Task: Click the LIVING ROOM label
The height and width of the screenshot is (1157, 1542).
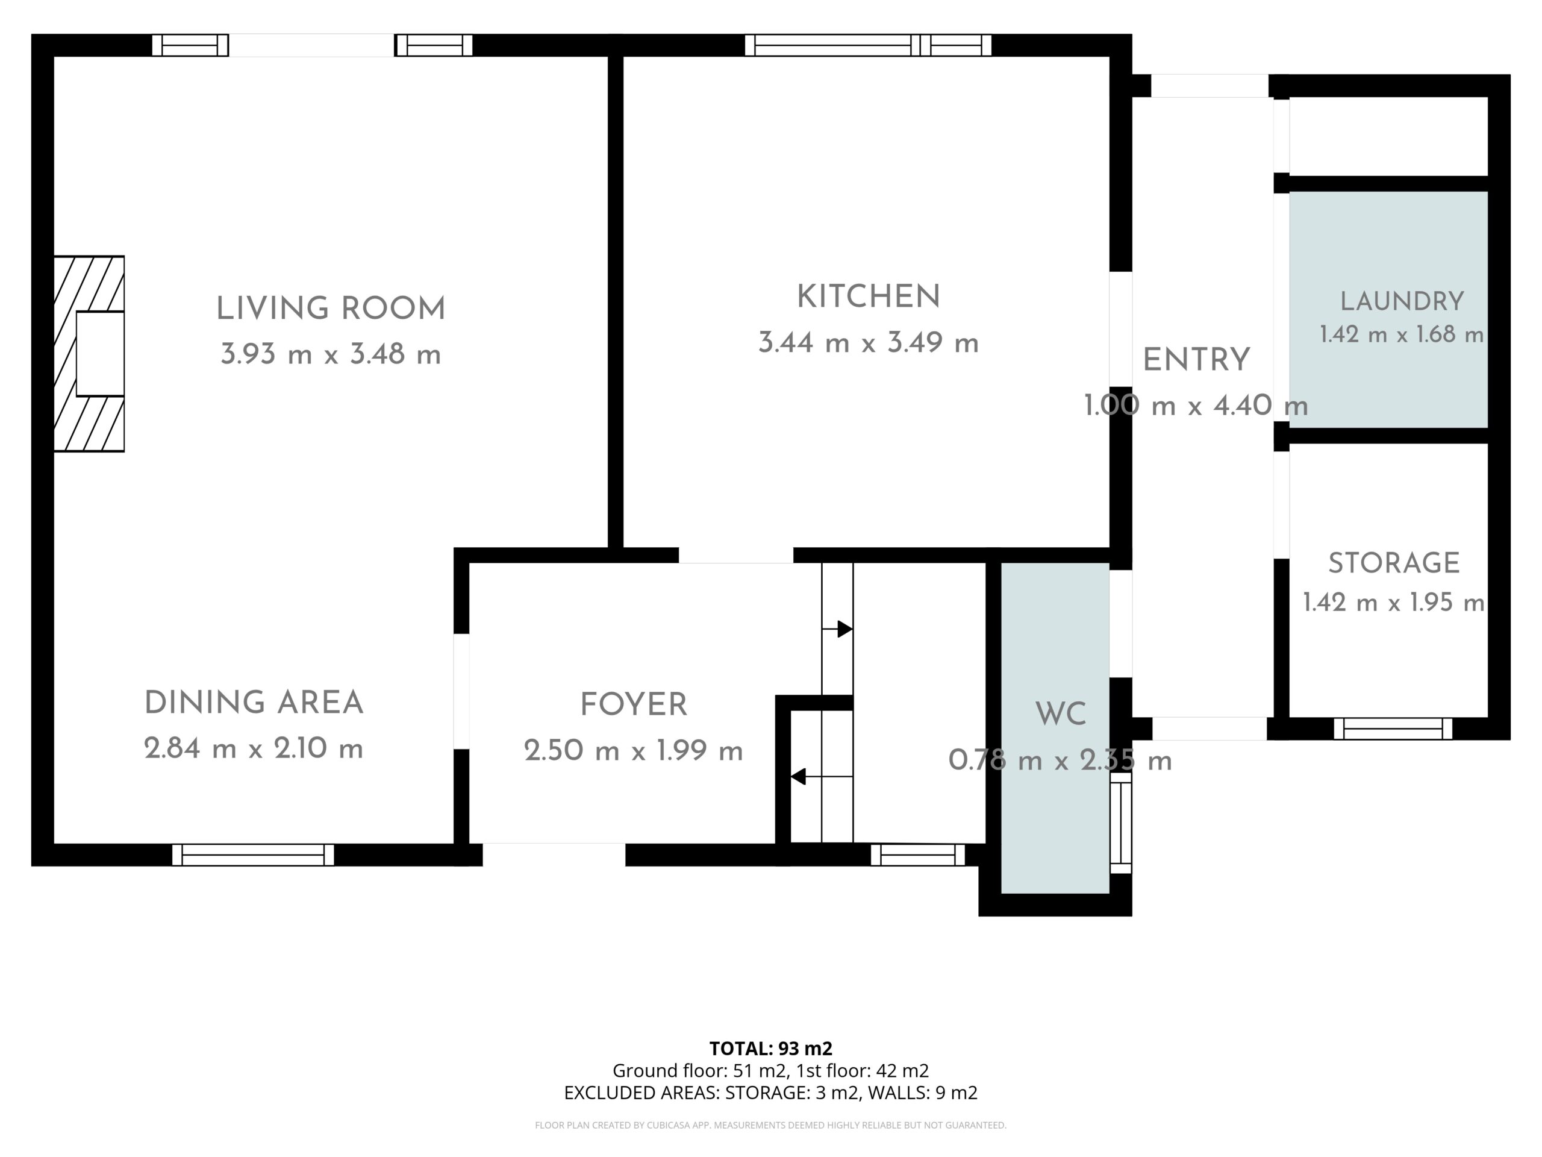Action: click(331, 309)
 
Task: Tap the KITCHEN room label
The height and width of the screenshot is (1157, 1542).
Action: click(869, 297)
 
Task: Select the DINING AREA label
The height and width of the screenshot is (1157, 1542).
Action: click(254, 703)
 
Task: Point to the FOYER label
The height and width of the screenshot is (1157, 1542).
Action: click(634, 705)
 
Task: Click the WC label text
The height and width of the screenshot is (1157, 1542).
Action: click(1060, 715)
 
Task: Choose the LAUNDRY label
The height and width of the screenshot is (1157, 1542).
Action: click(1402, 301)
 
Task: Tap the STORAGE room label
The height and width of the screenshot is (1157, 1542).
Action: click(1393, 563)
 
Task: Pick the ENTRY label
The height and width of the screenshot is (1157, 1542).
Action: click(1196, 360)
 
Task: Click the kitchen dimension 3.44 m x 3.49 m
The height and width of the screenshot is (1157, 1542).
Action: click(869, 343)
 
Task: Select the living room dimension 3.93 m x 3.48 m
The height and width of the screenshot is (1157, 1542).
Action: click(331, 354)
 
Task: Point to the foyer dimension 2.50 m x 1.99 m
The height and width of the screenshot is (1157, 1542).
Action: click(634, 751)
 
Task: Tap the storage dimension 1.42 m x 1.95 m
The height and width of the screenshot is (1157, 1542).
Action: click(1393, 603)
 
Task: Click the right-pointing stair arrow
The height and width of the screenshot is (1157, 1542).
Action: click(837, 629)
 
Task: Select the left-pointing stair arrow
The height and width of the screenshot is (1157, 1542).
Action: click(821, 776)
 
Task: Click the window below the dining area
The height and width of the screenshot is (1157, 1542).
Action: click(253, 855)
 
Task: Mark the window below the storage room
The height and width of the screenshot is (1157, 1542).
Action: click(1393, 729)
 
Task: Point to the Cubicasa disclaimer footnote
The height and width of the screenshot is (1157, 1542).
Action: click(771, 1125)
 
